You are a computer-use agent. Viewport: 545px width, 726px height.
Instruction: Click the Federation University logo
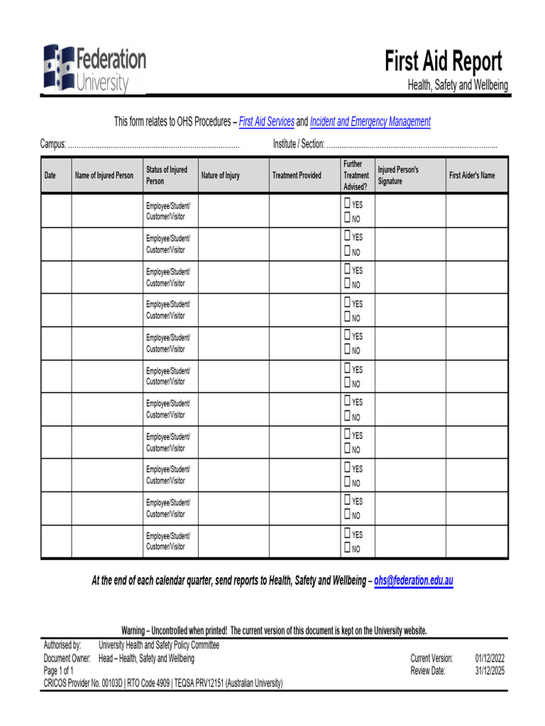click(x=94, y=68)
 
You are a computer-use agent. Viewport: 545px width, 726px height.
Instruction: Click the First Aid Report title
click(x=444, y=62)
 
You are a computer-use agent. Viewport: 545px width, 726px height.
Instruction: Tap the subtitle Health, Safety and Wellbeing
click(x=457, y=86)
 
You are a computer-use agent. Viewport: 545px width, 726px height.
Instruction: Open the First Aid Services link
click(x=266, y=122)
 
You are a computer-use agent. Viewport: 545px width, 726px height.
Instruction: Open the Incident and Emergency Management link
click(x=370, y=122)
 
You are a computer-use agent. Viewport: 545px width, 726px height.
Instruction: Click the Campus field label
click(x=53, y=145)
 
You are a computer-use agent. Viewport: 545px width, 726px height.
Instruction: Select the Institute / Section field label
click(x=299, y=145)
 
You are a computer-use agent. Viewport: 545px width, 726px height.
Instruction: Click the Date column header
click(x=50, y=176)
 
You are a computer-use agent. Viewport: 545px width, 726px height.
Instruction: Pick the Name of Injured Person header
click(x=104, y=176)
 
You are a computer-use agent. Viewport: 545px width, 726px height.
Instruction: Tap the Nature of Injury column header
click(x=220, y=176)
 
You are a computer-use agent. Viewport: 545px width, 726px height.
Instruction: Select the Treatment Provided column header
click(x=297, y=176)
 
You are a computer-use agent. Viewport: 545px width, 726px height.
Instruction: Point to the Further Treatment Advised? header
click(x=356, y=175)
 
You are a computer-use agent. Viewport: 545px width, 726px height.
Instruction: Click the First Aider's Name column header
click(x=472, y=176)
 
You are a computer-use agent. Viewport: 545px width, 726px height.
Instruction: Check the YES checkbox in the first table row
click(x=348, y=204)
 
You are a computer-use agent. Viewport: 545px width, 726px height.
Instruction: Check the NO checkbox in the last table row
click(x=348, y=548)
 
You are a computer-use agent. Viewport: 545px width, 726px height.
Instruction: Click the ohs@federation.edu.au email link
click(x=413, y=581)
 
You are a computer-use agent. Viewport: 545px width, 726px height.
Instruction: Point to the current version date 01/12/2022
click(x=490, y=658)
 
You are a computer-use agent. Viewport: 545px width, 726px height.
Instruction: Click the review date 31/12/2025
click(x=490, y=671)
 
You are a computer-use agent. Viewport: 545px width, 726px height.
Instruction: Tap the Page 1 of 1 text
click(x=58, y=671)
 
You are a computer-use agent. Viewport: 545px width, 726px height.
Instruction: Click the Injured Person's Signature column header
click(x=398, y=176)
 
